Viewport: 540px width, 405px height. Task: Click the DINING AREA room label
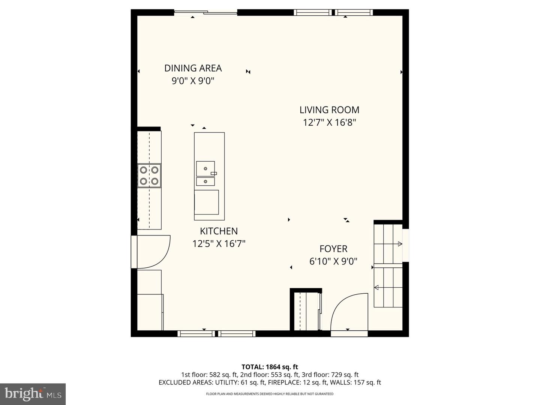click(x=193, y=68)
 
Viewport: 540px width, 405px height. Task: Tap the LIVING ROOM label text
click(x=329, y=109)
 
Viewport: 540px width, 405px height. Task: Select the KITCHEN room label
click(x=219, y=231)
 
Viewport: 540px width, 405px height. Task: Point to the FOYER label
click(x=333, y=249)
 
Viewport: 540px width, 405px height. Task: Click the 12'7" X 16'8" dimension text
click(x=329, y=122)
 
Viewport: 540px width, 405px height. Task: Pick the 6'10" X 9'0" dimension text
click(x=333, y=261)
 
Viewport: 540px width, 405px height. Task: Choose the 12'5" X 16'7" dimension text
click(x=219, y=244)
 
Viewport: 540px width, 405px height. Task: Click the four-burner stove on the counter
click(x=149, y=175)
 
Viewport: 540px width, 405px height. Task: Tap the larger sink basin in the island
click(x=205, y=169)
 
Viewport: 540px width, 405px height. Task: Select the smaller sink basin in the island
click(x=205, y=181)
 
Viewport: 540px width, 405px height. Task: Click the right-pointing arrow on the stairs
click(x=400, y=244)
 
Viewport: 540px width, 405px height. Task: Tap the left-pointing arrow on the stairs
click(x=376, y=287)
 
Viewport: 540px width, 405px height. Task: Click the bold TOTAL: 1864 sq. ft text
click(x=270, y=367)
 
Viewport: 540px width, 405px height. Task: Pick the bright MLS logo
click(x=33, y=394)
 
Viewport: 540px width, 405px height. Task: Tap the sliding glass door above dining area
click(x=205, y=12)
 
